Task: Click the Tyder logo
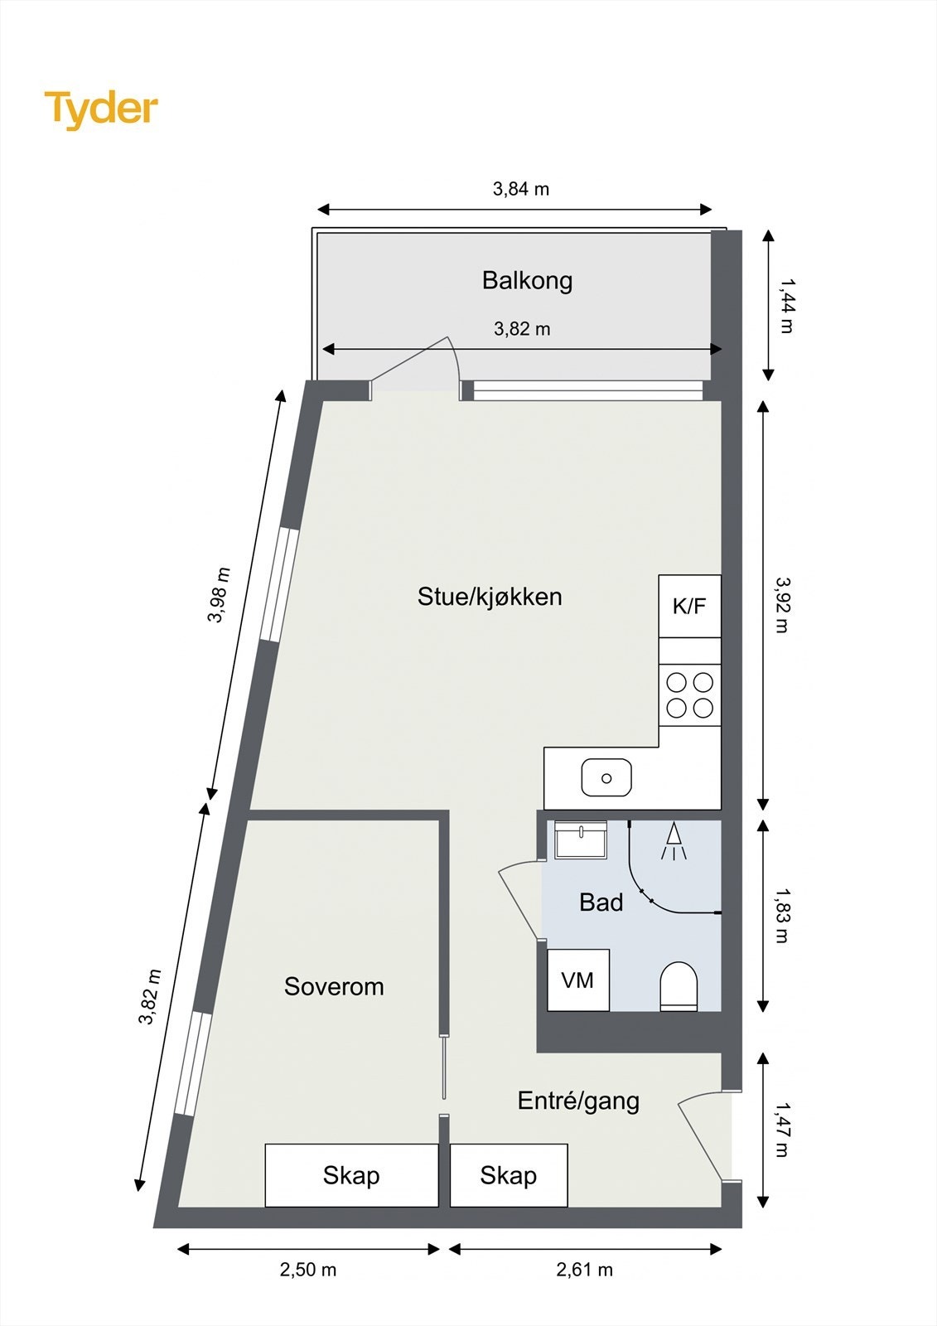[101, 109]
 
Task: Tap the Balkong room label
[527, 281]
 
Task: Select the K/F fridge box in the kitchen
[689, 607]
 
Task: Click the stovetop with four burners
[689, 695]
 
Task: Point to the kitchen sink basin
[606, 779]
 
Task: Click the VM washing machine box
[578, 980]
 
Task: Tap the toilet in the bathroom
[679, 986]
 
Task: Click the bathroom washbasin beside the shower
[580, 840]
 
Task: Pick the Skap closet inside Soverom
[351, 1175]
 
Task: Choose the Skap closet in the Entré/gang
[509, 1175]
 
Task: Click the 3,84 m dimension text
[521, 189]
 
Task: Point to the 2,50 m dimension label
[308, 1270]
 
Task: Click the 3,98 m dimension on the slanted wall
[219, 594]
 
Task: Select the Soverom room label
[334, 986]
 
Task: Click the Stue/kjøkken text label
[490, 597]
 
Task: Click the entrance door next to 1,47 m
[703, 1137]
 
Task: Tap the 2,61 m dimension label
[585, 1270]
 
